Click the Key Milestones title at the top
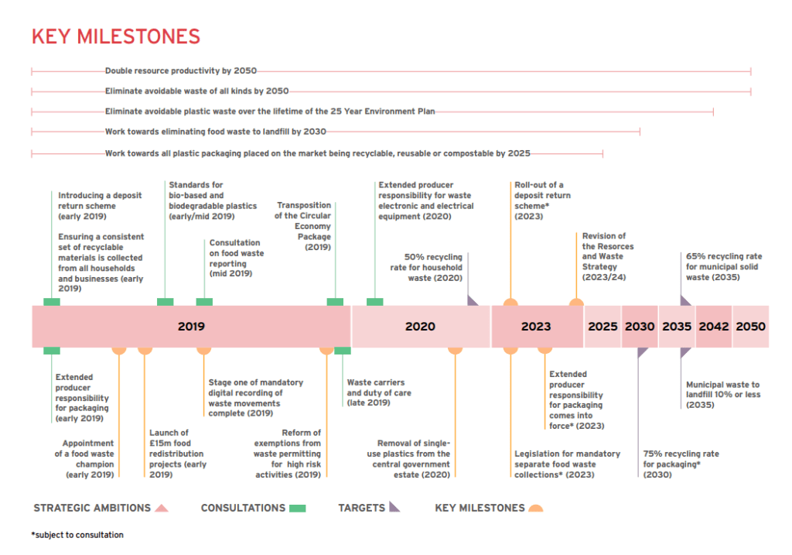[115, 36]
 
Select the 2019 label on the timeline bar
[191, 327]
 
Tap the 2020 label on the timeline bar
[420, 327]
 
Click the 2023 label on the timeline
[536, 327]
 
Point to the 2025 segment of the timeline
[603, 327]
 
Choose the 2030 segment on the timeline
[640, 327]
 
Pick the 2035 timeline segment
[677, 327]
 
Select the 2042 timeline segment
[714, 327]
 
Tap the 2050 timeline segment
[750, 327]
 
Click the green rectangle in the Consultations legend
[298, 509]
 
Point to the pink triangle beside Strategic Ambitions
[162, 509]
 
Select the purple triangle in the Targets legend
[394, 508]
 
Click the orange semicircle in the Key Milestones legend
[534, 509]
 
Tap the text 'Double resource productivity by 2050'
[180, 70]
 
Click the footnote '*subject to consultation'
[77, 535]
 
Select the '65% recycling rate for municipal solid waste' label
[723, 266]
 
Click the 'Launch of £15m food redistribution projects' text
[177, 454]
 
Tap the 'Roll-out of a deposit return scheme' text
[542, 200]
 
